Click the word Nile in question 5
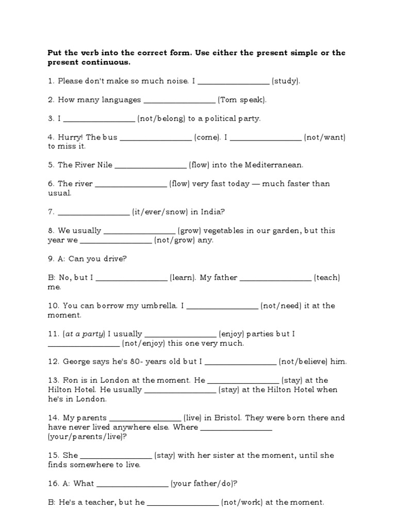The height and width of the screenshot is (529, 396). point(102,165)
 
